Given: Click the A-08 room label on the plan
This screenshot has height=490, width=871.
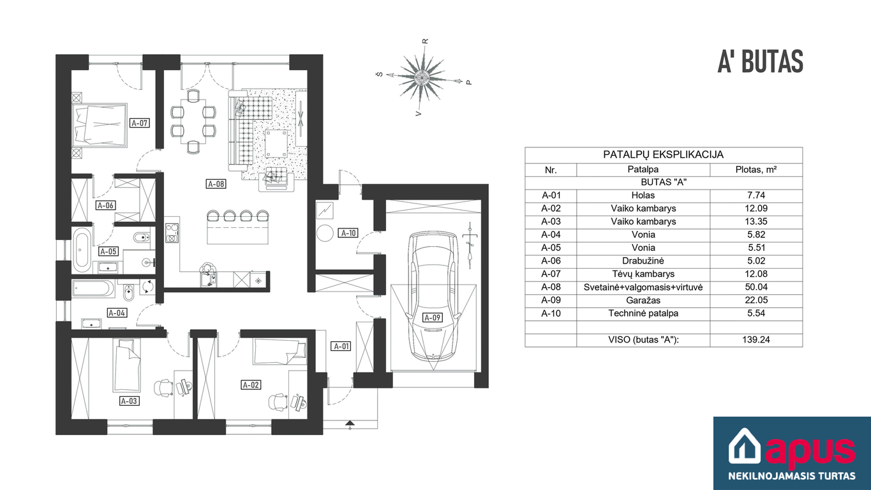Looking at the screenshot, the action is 216,184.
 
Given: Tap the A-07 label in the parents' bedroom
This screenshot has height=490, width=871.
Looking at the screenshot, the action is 140,123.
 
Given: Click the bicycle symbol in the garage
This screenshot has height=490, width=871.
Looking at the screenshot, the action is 470,246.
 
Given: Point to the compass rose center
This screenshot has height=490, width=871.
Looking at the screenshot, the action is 422,77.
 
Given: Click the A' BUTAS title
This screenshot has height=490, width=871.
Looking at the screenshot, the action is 760,62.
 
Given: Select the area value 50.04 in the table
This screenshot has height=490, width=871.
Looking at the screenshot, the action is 756,287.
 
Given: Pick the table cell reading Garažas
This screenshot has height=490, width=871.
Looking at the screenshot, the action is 643,301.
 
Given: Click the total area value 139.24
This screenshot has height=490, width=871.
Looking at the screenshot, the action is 756,339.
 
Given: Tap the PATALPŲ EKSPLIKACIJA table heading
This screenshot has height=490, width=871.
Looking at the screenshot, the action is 664,155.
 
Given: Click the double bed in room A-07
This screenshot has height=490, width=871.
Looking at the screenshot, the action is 100,125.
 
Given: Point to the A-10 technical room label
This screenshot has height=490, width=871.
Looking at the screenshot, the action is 348,233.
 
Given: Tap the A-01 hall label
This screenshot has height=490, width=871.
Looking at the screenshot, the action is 341,346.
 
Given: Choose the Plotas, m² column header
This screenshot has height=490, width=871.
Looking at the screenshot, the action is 756,170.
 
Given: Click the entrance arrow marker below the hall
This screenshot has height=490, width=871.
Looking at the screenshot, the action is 350,424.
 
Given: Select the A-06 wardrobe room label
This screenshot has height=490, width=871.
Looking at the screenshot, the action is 106,205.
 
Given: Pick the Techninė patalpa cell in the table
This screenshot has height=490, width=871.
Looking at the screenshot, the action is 643,313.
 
